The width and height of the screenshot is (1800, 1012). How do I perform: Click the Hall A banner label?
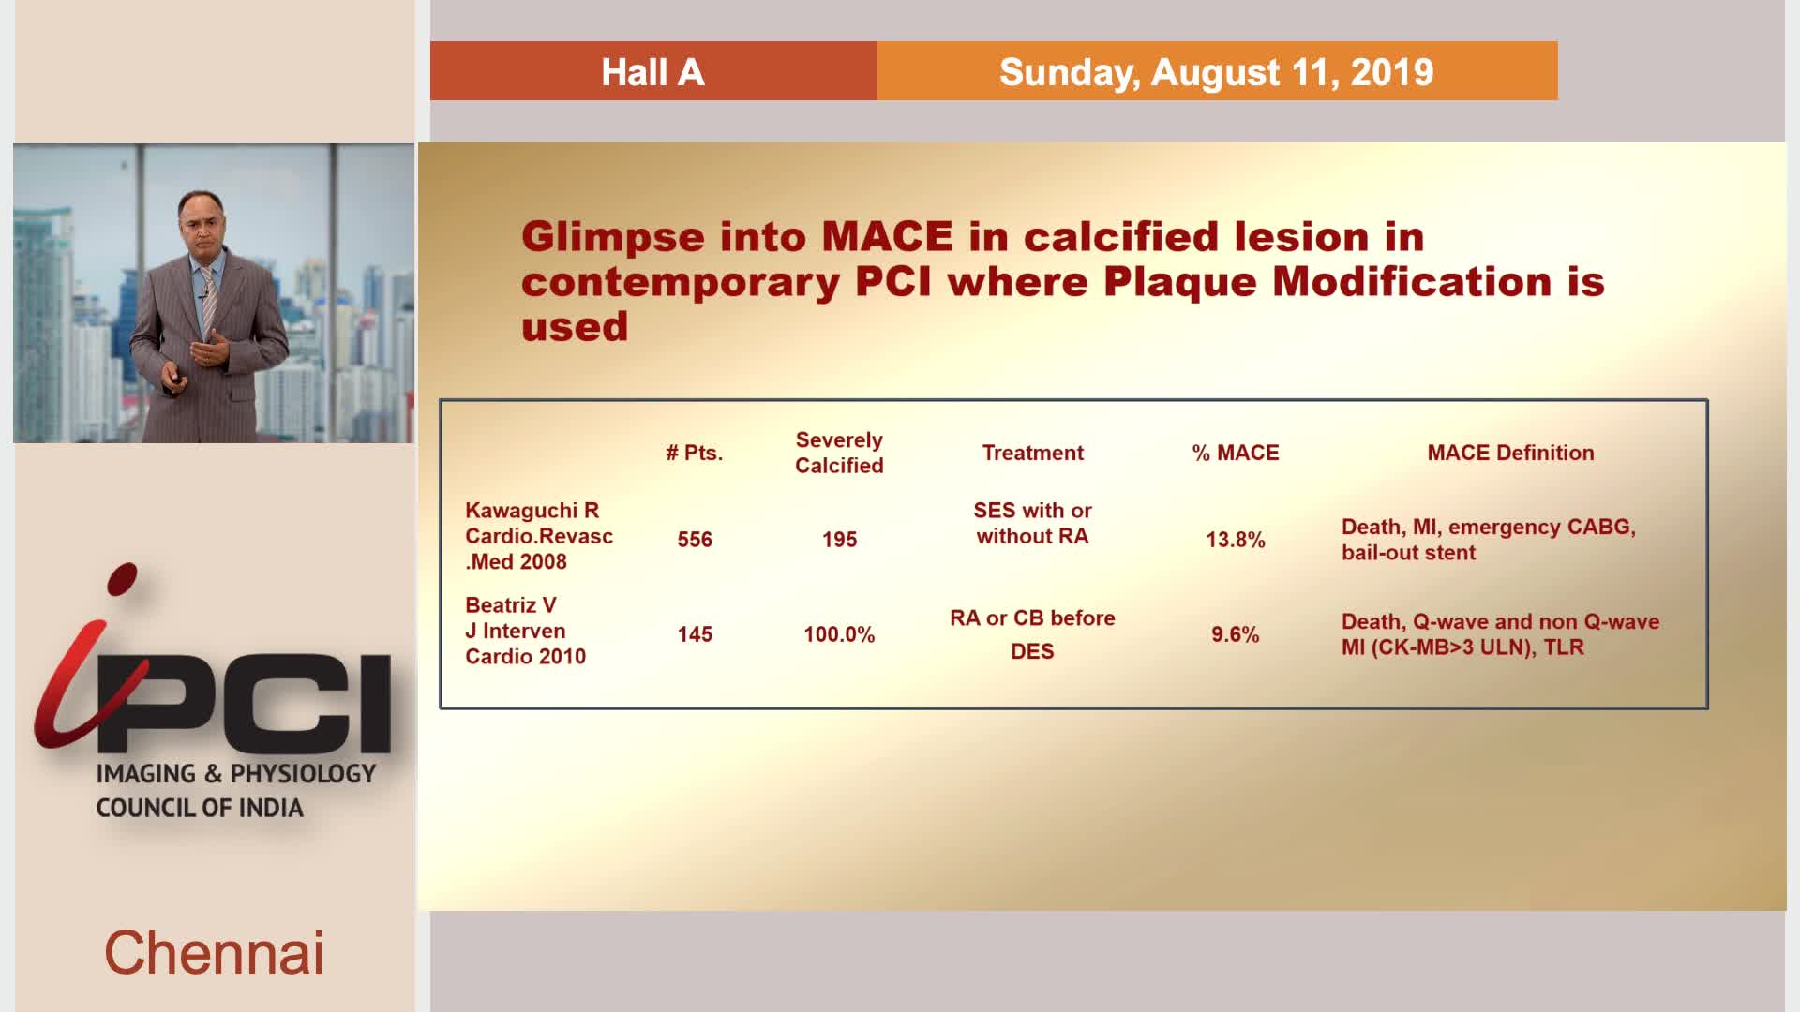pyautogui.click(x=652, y=72)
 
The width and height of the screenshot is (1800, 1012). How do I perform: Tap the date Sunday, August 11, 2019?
pyautogui.click(x=1216, y=72)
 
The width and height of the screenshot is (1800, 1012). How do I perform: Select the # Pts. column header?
pyautogui.click(x=695, y=453)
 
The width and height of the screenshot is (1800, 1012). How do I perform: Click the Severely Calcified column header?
pyautogui.click(x=839, y=453)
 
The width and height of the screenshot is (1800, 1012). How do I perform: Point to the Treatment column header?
pyautogui.click(x=1032, y=453)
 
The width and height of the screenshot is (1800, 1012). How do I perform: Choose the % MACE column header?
pyautogui.click(x=1236, y=453)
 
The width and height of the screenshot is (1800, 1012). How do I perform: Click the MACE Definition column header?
pyautogui.click(x=1510, y=453)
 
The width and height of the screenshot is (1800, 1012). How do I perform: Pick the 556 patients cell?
pyautogui.click(x=695, y=540)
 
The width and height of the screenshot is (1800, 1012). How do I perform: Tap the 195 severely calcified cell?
pyautogui.click(x=839, y=540)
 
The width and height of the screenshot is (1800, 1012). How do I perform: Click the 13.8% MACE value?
pyautogui.click(x=1236, y=540)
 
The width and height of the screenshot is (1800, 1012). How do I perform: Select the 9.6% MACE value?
pyautogui.click(x=1236, y=634)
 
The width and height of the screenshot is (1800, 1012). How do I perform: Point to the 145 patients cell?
pyautogui.click(x=695, y=634)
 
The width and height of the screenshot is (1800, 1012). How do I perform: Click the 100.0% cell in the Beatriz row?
pyautogui.click(x=839, y=634)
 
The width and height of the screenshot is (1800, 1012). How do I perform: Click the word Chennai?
pyautogui.click(x=214, y=953)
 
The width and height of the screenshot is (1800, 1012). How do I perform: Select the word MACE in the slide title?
pyautogui.click(x=887, y=237)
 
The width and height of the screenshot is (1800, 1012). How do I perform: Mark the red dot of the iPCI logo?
pyautogui.click(x=122, y=578)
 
